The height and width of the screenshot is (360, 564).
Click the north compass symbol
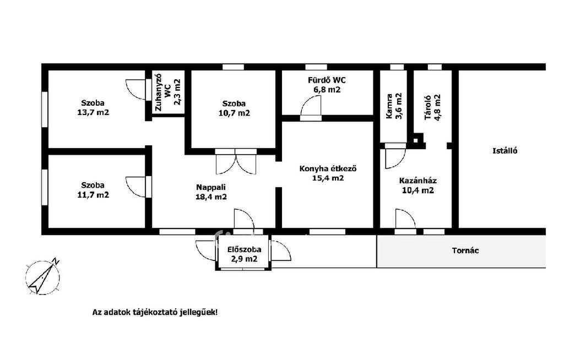43,277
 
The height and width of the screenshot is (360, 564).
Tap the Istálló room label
505,151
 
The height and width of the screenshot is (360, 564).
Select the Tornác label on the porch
465,250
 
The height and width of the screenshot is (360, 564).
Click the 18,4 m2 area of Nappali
211,197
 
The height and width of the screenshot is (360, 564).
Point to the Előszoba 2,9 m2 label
244,254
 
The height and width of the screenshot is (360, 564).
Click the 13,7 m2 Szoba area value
93,112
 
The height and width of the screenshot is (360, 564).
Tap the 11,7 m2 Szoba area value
93,195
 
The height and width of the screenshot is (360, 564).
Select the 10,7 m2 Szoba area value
234,113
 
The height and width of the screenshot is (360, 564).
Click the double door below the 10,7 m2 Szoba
236,161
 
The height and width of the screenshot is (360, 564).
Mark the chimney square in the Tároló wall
417,140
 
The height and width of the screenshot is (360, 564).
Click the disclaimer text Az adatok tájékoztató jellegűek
155,312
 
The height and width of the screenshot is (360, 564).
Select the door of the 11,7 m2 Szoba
138,187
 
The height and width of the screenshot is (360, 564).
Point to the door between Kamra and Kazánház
395,156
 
